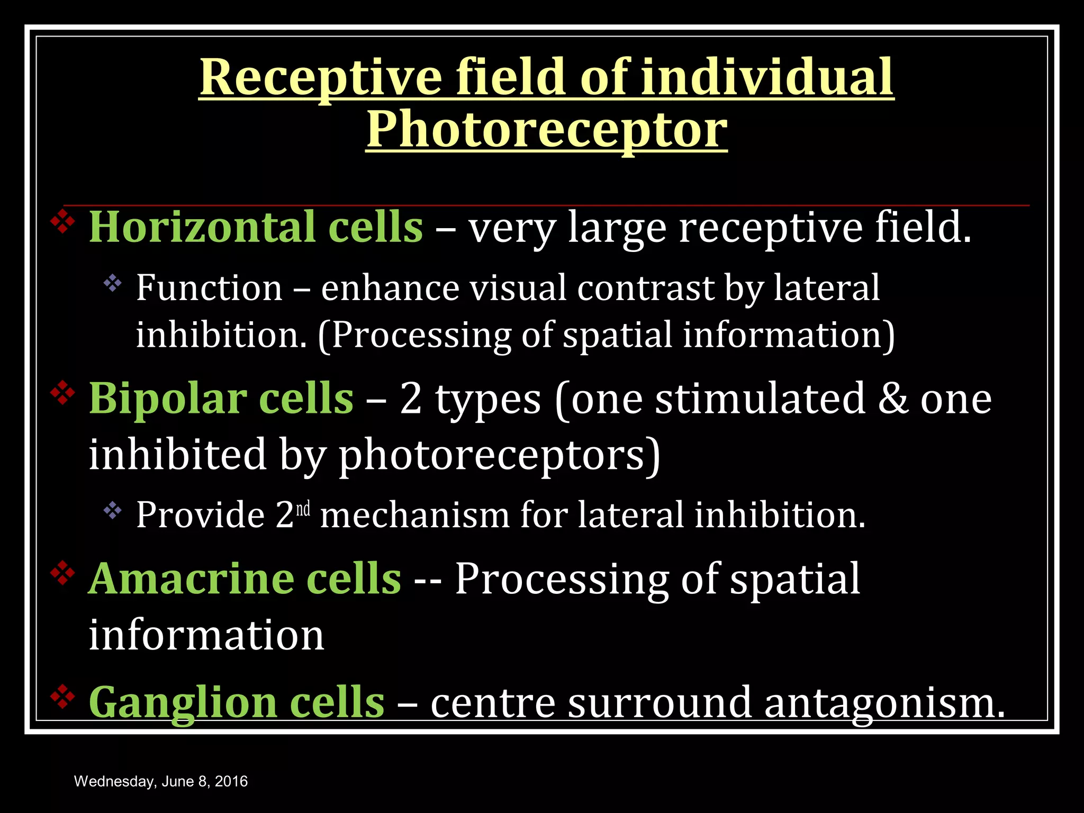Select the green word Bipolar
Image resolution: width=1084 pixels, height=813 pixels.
[166, 398]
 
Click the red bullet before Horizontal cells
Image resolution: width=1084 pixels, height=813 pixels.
[62, 221]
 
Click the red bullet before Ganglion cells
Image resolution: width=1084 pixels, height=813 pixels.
[62, 697]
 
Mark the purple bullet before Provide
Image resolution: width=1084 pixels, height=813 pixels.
[113, 510]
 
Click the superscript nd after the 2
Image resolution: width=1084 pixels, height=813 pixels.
[303, 509]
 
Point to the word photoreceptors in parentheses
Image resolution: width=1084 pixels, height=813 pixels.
[491, 455]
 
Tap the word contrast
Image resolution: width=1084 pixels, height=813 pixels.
[646, 288]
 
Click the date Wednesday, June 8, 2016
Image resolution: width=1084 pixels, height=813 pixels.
[161, 781]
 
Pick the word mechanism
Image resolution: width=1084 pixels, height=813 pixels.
[414, 515]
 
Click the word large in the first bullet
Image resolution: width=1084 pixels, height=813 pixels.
[617, 228]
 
